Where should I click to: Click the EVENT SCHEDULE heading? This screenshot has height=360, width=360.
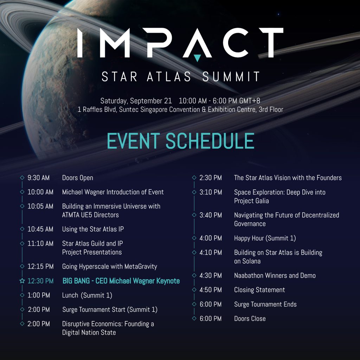tap(180, 141)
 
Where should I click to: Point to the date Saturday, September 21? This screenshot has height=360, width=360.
tap(136, 101)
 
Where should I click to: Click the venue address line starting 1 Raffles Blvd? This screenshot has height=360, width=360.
tap(180, 109)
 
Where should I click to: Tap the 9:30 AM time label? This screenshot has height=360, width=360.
tap(38, 178)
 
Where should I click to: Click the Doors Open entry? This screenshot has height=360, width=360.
tap(78, 178)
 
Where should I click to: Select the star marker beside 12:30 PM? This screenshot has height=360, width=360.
tap(22, 281)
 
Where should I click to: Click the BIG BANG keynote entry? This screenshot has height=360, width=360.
tap(121, 281)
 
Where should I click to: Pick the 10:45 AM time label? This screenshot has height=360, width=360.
tap(40, 229)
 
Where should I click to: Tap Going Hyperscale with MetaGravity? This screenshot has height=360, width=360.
tap(109, 266)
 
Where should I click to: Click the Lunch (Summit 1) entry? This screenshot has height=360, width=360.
tap(87, 295)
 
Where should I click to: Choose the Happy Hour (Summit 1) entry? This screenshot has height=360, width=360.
tap(265, 238)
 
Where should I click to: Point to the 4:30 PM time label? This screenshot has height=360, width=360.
tap(211, 276)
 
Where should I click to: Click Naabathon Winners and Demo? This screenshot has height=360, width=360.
tap(275, 276)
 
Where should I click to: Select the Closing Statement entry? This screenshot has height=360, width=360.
tap(259, 290)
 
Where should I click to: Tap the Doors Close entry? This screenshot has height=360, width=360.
tap(250, 319)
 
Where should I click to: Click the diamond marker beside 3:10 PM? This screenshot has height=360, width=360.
tap(194, 192)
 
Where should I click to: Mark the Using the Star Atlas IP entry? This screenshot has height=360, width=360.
tap(93, 229)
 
